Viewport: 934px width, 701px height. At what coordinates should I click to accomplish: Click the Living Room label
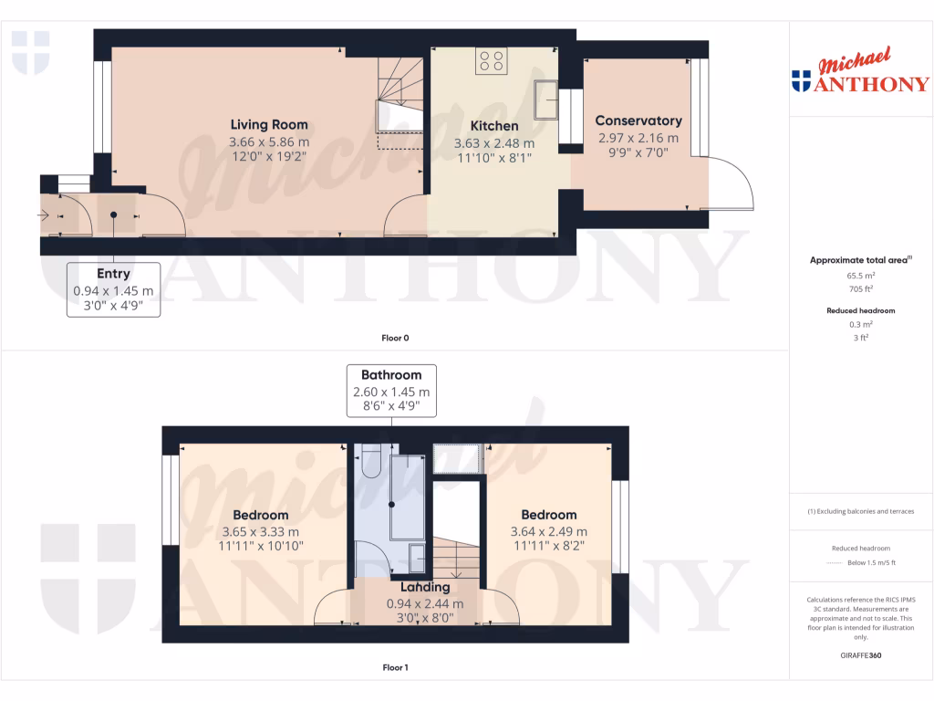pos(268,124)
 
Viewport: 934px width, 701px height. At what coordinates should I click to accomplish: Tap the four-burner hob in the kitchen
pos(491,61)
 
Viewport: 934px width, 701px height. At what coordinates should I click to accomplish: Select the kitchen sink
pos(546,99)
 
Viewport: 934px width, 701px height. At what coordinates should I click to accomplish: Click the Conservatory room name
pos(638,120)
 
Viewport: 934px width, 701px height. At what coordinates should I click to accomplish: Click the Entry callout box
pos(113,289)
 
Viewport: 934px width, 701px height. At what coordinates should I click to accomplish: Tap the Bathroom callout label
pos(391,391)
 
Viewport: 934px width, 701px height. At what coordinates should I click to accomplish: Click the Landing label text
pos(425,587)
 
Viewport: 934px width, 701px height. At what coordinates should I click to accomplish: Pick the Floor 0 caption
pos(395,338)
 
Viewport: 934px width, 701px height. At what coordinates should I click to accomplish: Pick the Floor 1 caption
pos(395,667)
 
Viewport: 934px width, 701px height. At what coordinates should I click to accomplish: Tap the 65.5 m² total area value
pos(861,275)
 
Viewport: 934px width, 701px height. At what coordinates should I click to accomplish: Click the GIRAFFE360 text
pos(861,655)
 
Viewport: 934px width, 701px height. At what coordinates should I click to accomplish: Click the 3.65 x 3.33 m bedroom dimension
pos(260,532)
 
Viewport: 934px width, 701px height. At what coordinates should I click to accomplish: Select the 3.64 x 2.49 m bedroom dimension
pos(548,532)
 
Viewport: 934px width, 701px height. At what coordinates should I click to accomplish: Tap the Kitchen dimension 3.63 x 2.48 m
pos(494,143)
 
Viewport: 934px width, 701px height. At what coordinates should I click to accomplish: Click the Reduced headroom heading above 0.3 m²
pos(861,310)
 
